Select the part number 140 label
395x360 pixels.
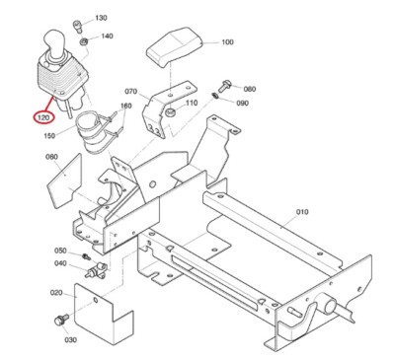coord(108,36)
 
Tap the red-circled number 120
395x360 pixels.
coord(42,117)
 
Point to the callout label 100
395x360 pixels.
coord(228,42)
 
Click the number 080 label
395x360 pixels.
coord(249,89)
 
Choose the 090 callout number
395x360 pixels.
coord(242,103)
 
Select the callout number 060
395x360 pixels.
coord(52,157)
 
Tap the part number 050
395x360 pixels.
coord(60,251)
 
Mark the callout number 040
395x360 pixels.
coord(60,263)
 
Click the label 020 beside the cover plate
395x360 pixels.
coord(56,293)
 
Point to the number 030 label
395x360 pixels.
coord(70,339)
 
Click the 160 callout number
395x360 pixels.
coord(126,106)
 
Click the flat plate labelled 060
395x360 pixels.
coord(64,181)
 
